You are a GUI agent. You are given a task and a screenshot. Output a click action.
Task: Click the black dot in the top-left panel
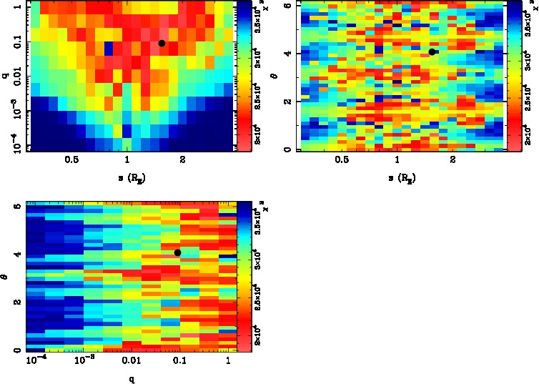click(x=162, y=44)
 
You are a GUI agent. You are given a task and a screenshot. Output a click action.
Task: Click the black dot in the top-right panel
click(x=432, y=51)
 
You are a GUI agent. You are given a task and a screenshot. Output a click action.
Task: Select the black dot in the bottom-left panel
click(x=177, y=252)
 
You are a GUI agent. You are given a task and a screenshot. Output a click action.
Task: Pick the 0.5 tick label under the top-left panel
click(x=71, y=160)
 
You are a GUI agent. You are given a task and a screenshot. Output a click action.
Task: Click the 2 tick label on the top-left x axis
click(x=183, y=160)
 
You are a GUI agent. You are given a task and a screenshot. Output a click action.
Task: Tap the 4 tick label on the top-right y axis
click(x=286, y=53)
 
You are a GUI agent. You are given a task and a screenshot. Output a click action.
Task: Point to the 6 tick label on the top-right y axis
click(x=286, y=6)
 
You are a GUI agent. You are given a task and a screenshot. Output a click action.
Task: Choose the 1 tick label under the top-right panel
click(x=397, y=160)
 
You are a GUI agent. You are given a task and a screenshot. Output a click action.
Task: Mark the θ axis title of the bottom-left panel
click(x=6, y=277)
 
